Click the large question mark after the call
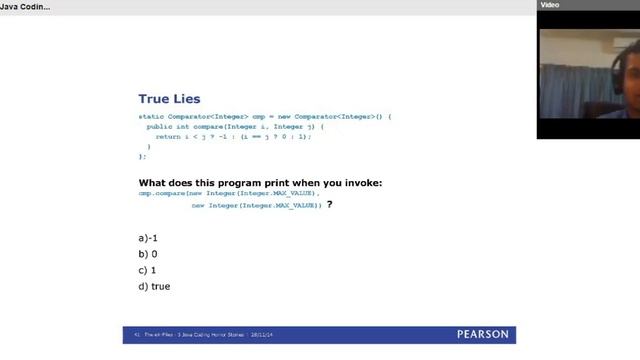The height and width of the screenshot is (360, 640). tap(329, 204)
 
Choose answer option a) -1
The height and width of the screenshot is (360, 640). tap(149, 238)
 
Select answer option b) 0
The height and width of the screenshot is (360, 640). tap(148, 254)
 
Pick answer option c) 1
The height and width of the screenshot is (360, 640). tap(148, 270)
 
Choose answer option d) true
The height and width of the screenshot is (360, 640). tap(154, 286)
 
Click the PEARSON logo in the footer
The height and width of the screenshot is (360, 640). tap(482, 334)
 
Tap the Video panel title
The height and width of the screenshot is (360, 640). tap(550, 5)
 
